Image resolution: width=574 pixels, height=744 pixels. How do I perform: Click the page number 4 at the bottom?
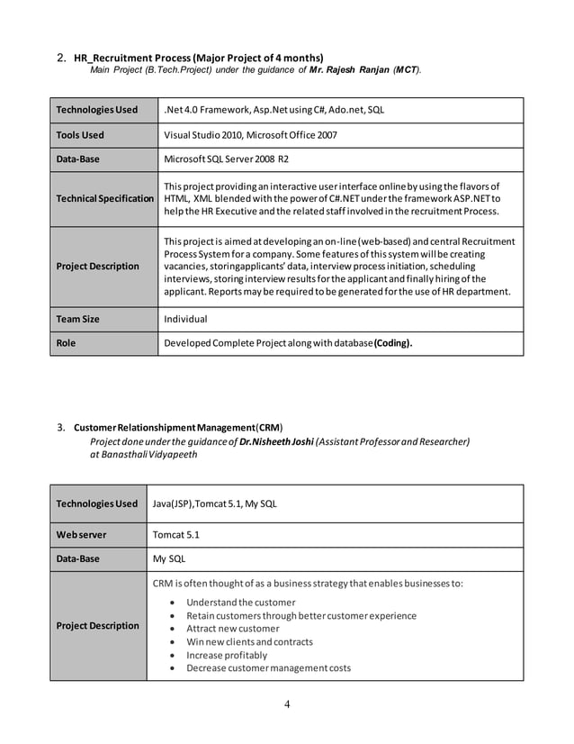pyautogui.click(x=287, y=703)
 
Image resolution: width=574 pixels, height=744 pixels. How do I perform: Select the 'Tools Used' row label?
pyautogui.click(x=80, y=135)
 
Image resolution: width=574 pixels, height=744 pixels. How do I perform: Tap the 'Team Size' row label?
pyautogui.click(x=78, y=319)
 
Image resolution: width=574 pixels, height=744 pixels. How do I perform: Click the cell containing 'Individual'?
pyautogui.click(x=186, y=319)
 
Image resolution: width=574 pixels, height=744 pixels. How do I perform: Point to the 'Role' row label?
pyautogui.click(x=67, y=342)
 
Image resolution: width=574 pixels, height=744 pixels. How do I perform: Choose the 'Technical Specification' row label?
pyautogui.click(x=104, y=198)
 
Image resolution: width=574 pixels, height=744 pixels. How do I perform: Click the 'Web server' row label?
pyautogui.click(x=81, y=534)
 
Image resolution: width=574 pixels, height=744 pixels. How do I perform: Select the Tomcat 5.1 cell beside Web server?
pyautogui.click(x=176, y=534)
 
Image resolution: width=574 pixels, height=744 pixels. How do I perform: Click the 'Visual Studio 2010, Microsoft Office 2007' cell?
pyautogui.click(x=250, y=135)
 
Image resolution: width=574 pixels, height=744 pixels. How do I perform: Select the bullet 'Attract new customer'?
pyautogui.click(x=232, y=629)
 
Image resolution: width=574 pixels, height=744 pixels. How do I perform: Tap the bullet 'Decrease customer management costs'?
pyautogui.click(x=268, y=667)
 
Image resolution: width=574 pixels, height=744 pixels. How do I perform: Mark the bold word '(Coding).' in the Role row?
pyautogui.click(x=393, y=342)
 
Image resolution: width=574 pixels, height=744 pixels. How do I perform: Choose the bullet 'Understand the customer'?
pyautogui.click(x=240, y=602)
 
